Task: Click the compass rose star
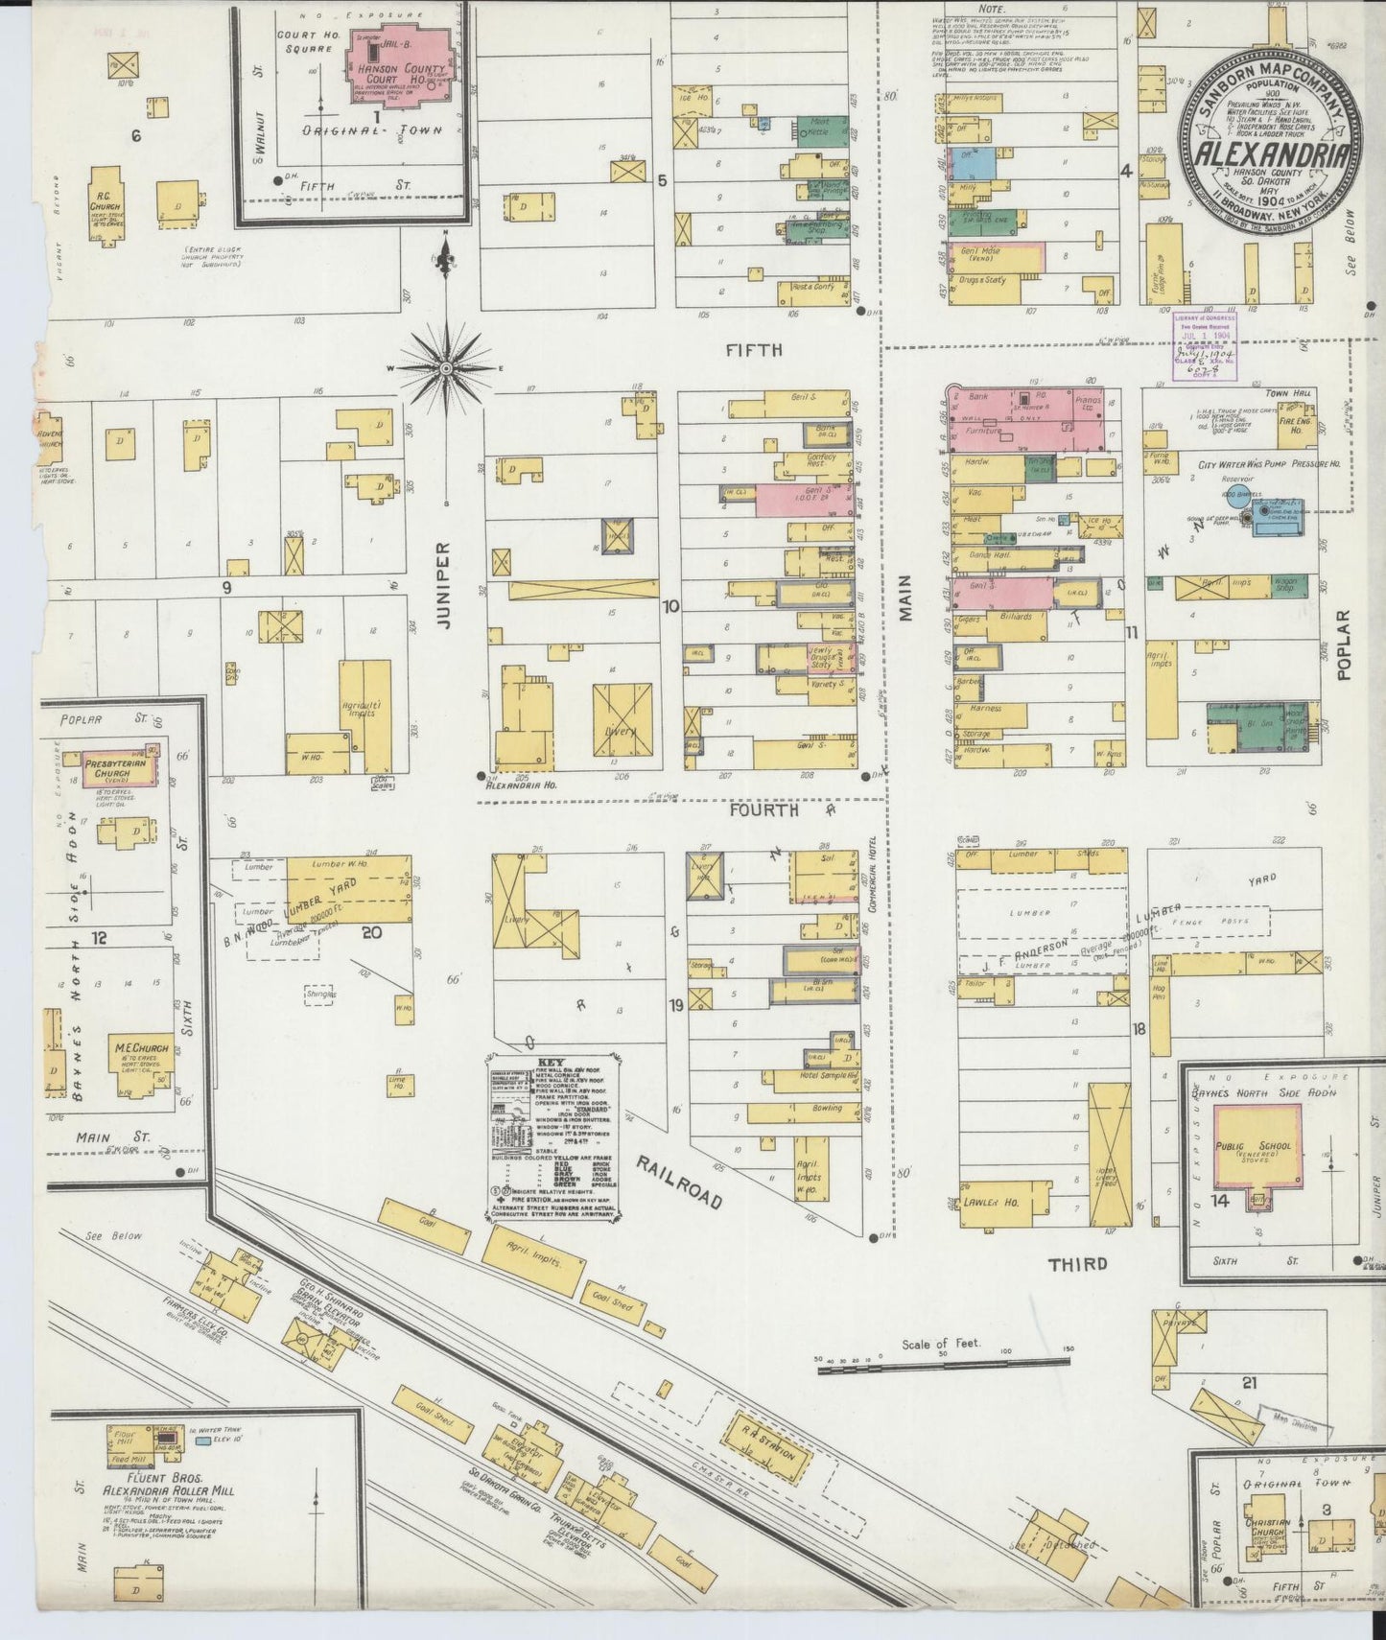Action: pyautogui.click(x=447, y=368)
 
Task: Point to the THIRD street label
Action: pyautogui.click(x=1077, y=1264)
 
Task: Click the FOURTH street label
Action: pyautogui.click(x=763, y=810)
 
